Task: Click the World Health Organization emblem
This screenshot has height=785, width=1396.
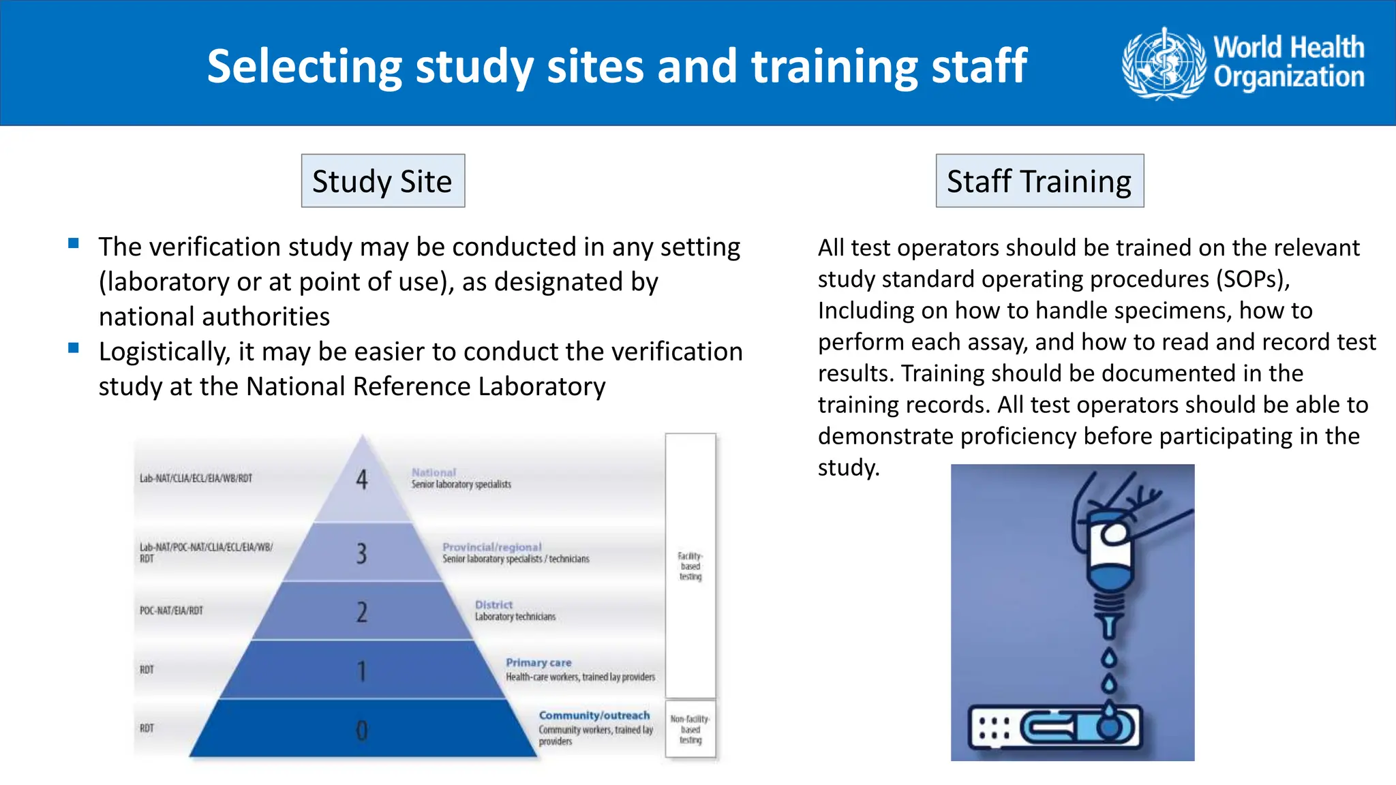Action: [x=1164, y=63]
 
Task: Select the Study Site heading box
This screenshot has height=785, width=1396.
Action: [x=382, y=181]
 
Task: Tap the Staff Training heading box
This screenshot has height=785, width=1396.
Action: [x=1040, y=181]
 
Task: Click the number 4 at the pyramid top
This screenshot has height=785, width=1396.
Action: [x=362, y=480]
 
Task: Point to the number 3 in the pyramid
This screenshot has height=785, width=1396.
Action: [x=361, y=553]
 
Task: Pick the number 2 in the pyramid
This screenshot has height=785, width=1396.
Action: [x=361, y=612]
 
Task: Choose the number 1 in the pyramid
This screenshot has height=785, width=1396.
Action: [x=361, y=671]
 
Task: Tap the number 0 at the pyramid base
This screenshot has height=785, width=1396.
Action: [x=361, y=730]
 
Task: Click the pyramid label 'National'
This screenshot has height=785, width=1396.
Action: [x=434, y=472]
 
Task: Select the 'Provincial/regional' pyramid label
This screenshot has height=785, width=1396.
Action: [x=491, y=547]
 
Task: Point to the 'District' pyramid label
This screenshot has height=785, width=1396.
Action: [x=494, y=604]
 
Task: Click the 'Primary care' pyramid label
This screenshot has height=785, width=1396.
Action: [x=538, y=662]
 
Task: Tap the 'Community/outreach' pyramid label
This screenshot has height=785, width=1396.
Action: [x=594, y=715]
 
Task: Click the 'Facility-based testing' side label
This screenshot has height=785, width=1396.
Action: [x=690, y=566]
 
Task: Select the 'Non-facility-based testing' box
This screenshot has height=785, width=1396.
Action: [x=690, y=729]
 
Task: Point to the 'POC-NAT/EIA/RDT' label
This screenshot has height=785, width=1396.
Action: [x=171, y=611]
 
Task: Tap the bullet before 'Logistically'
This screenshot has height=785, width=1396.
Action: [x=74, y=348]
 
